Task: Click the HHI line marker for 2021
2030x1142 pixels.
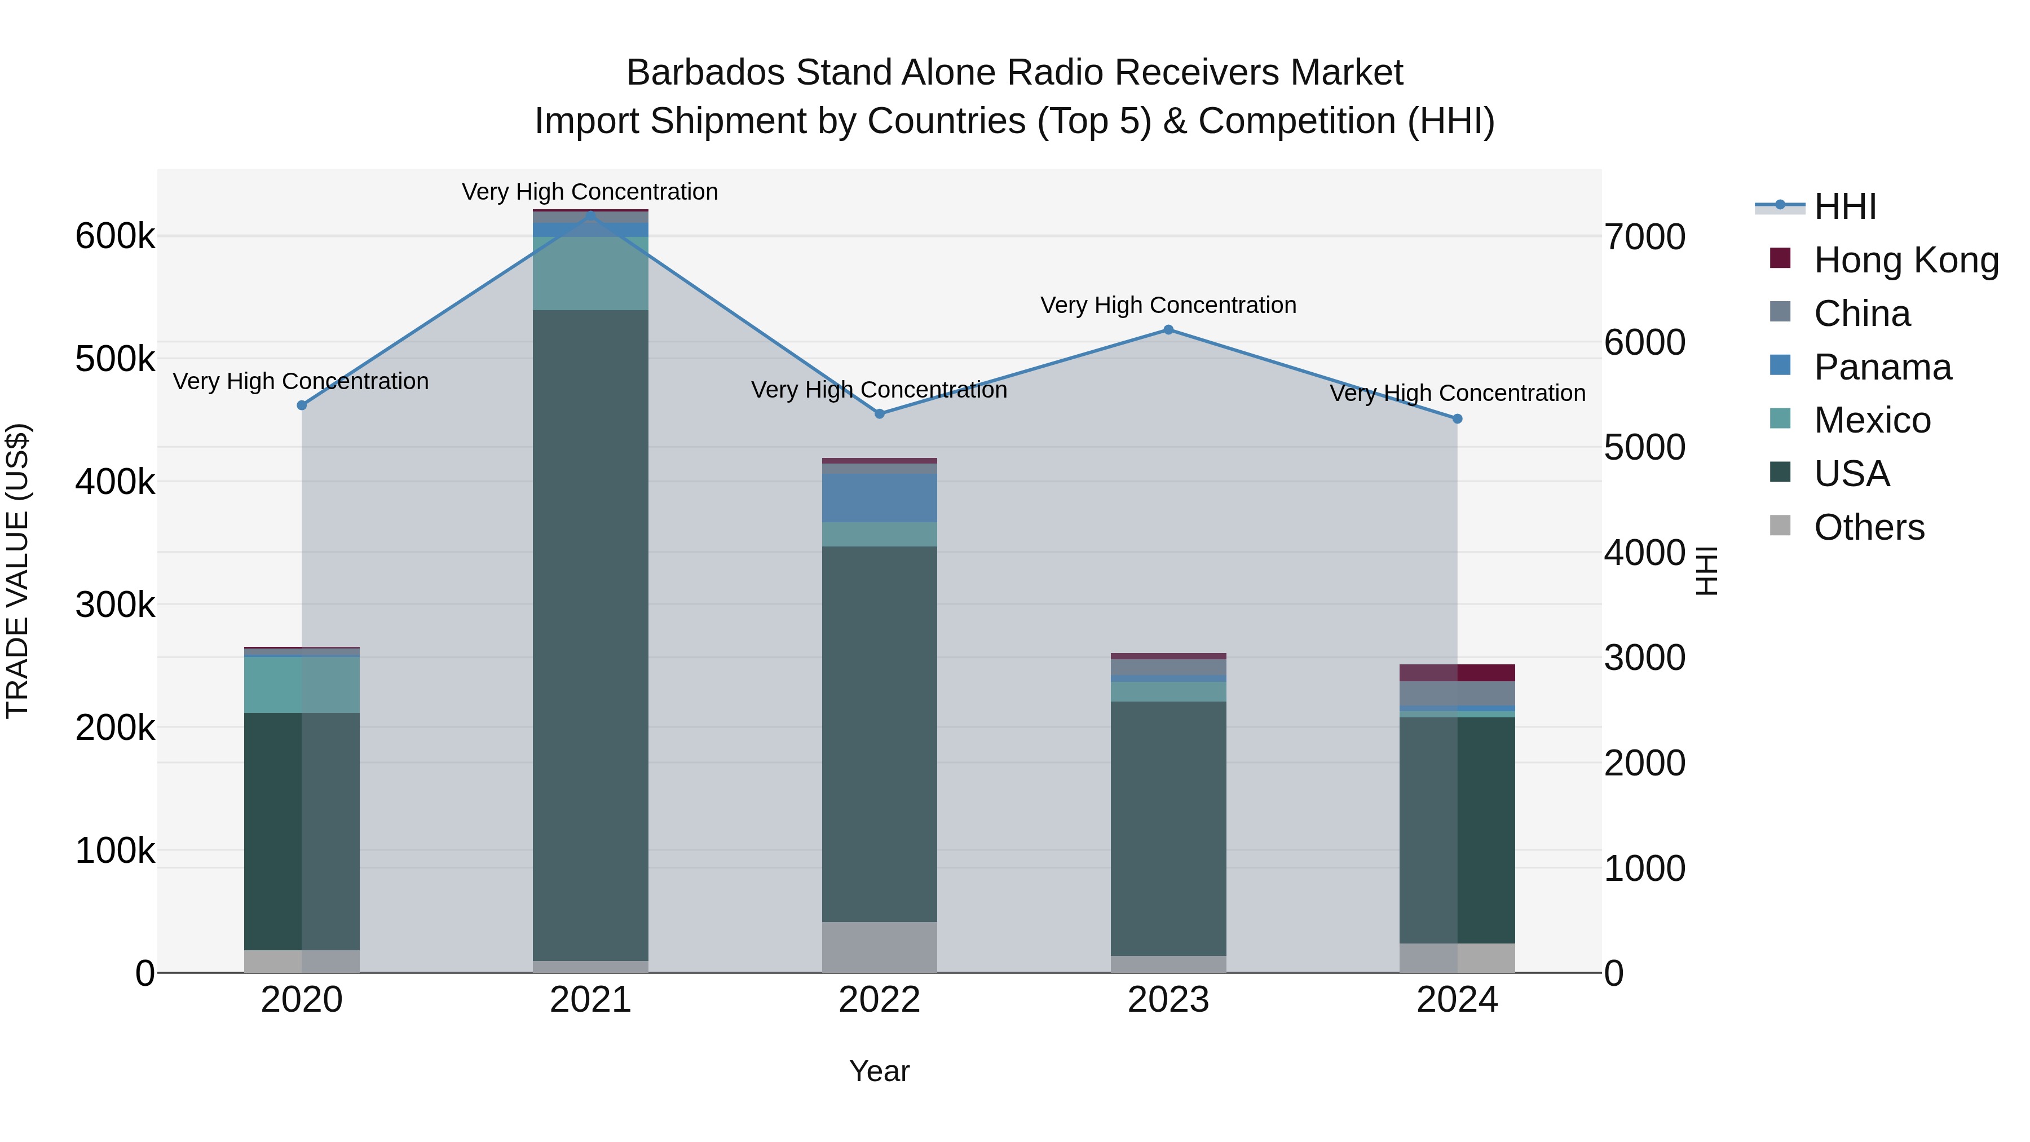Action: tap(590, 214)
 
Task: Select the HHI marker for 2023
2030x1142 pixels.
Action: tap(1169, 329)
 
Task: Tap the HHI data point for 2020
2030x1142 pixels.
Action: tap(302, 405)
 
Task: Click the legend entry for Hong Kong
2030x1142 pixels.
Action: tap(1905, 260)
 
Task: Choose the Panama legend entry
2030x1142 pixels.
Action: tap(1882, 367)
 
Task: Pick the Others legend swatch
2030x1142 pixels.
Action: tap(1780, 526)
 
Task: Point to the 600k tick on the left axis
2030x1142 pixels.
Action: tap(115, 236)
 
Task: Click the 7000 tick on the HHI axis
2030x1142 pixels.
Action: tap(1645, 237)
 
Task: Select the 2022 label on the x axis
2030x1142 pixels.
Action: tap(880, 1000)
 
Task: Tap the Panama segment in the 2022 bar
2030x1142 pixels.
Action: tap(880, 498)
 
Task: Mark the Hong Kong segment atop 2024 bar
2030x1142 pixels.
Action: tap(1457, 672)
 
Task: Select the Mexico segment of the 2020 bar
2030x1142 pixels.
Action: tap(302, 684)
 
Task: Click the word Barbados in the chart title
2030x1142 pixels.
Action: tap(705, 73)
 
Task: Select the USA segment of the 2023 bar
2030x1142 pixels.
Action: tap(1169, 827)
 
